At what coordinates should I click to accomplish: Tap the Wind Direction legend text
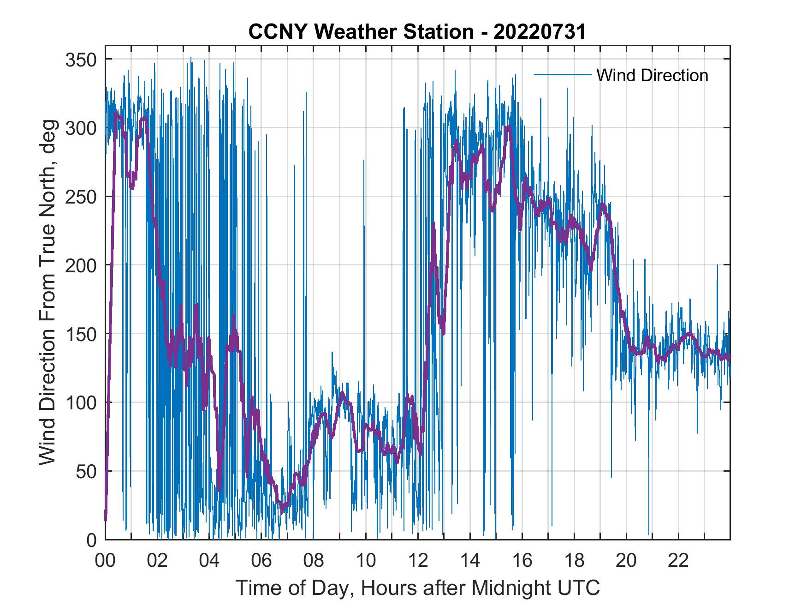point(652,75)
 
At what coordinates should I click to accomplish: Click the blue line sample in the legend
point(563,74)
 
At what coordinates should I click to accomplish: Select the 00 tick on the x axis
point(105,561)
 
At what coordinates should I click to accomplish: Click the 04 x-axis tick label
point(209,561)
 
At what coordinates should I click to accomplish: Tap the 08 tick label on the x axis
point(314,561)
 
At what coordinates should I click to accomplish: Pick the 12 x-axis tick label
point(418,561)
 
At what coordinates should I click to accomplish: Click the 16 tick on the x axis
point(522,561)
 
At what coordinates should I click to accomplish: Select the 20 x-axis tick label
point(626,561)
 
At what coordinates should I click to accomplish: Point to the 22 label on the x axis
point(678,561)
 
